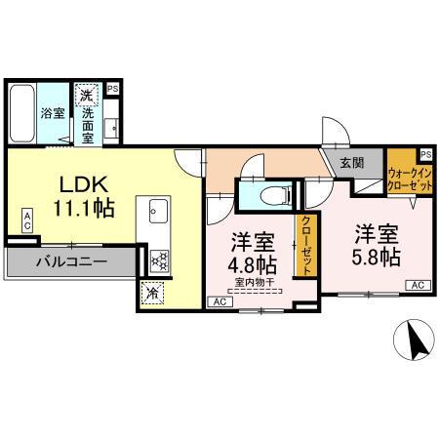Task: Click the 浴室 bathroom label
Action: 53,113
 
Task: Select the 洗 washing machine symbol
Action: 87,97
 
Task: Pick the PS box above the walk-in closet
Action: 425,154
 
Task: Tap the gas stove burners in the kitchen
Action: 158,260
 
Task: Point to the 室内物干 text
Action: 254,283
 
